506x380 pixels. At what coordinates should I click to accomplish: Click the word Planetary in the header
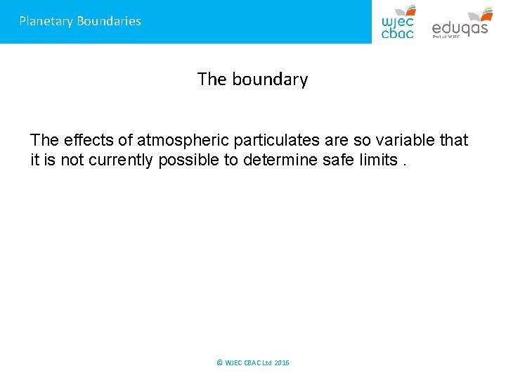click(x=46, y=21)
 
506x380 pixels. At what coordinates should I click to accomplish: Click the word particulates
click(x=267, y=141)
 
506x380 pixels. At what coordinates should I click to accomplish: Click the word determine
click(x=276, y=160)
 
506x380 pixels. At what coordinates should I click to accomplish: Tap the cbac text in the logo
click(x=397, y=32)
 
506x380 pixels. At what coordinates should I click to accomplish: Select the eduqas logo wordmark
click(x=459, y=28)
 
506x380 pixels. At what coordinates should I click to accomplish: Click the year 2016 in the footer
click(x=281, y=363)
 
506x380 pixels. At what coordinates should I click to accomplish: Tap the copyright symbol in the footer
click(x=219, y=363)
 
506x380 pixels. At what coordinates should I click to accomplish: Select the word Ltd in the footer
click(x=267, y=363)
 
